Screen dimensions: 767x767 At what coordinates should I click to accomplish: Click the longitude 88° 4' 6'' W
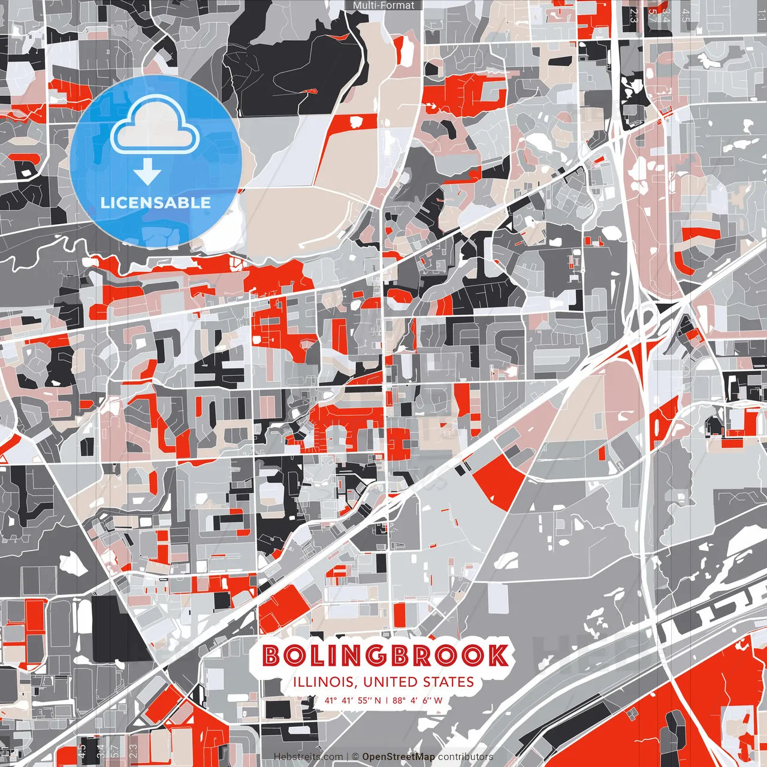pos(418,700)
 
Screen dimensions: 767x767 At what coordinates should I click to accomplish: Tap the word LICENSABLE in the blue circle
pos(156,203)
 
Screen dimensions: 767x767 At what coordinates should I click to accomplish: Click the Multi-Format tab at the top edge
pos(383,5)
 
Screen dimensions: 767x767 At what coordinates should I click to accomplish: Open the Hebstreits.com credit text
pos(309,757)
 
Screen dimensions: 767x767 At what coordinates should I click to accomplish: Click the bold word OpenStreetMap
pos(398,757)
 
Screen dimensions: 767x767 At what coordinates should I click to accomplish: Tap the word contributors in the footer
pos(466,757)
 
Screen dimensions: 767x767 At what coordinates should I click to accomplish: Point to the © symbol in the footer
pos(355,757)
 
